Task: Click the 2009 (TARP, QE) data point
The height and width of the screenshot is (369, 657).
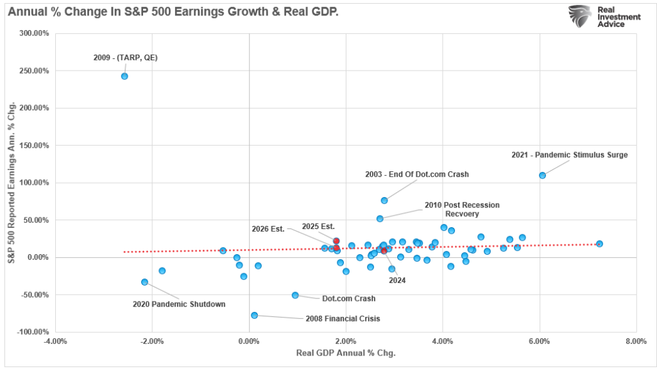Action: click(124, 76)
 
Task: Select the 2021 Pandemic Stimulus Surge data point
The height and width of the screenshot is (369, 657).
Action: click(542, 175)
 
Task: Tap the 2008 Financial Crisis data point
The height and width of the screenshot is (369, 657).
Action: click(255, 315)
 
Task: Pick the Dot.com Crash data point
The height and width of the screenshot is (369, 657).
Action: click(295, 295)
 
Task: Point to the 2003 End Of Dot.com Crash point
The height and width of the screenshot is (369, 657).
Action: click(384, 200)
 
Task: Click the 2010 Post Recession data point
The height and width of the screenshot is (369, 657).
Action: click(380, 219)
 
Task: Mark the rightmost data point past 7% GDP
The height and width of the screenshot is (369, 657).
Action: click(599, 244)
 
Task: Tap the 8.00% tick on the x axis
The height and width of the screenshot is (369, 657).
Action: click(635, 341)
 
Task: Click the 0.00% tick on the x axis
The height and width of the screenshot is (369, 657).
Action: click(248, 341)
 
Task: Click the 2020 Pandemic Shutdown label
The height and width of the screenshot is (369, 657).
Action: click(179, 304)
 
